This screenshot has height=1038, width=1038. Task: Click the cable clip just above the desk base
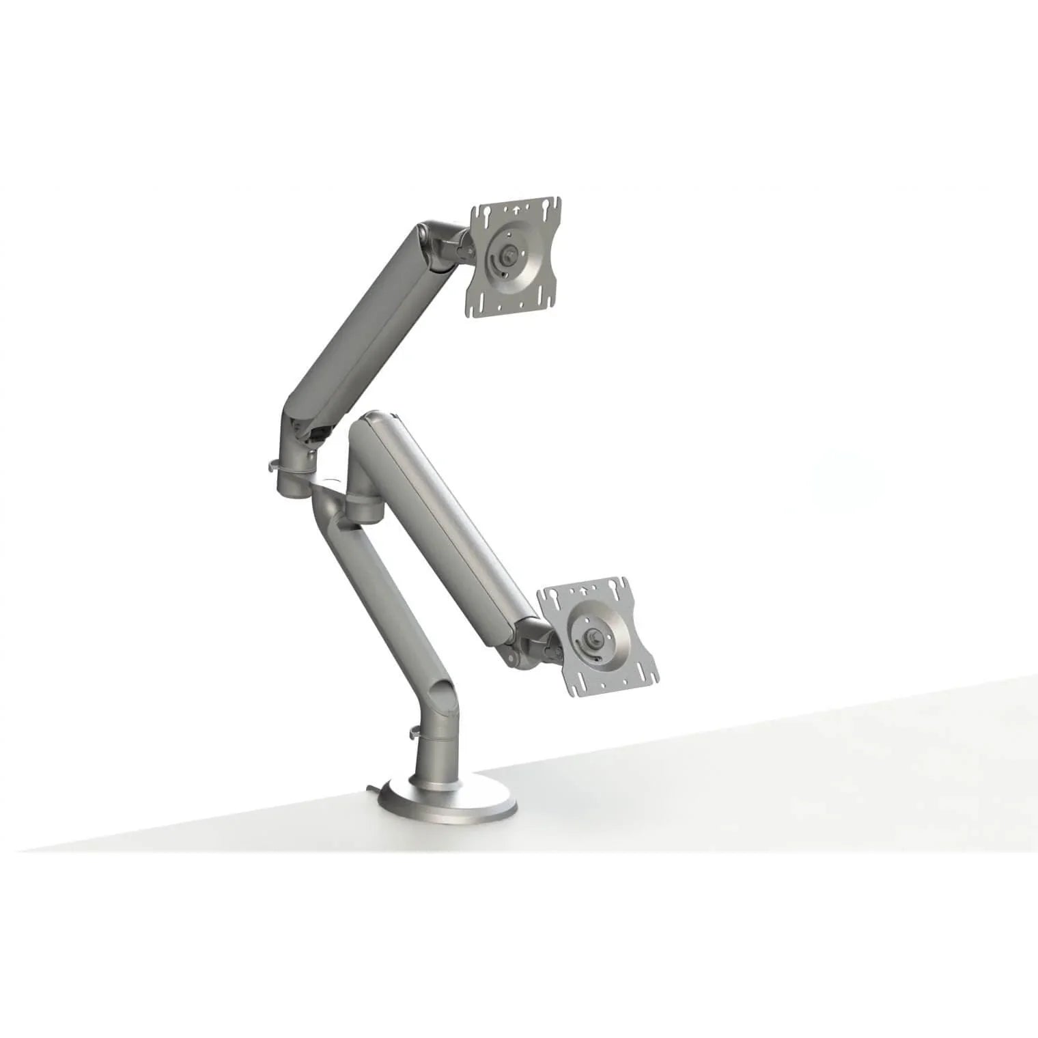(415, 733)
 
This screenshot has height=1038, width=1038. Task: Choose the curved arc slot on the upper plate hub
(493, 263)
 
